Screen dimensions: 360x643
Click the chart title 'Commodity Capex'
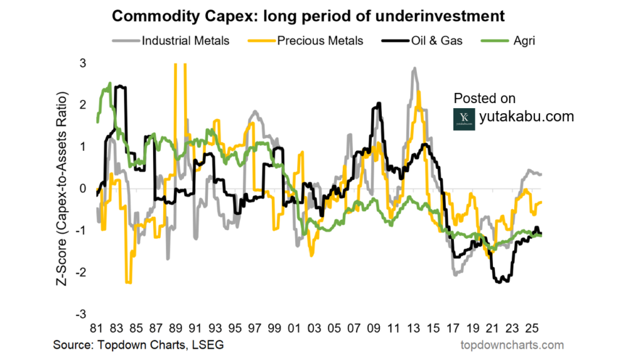pos(308,13)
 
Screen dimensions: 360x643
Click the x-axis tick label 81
pos(95,328)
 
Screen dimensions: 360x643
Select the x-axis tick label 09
pos(374,328)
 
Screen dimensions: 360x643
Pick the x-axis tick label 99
pos(274,328)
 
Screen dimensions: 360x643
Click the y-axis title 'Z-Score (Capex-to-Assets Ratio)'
pos(63,188)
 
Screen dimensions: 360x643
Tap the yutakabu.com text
pos(526,116)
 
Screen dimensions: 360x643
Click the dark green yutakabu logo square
pos(463,118)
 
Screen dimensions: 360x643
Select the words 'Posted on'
pos(484,98)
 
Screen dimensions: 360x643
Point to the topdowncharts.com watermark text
pos(512,345)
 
